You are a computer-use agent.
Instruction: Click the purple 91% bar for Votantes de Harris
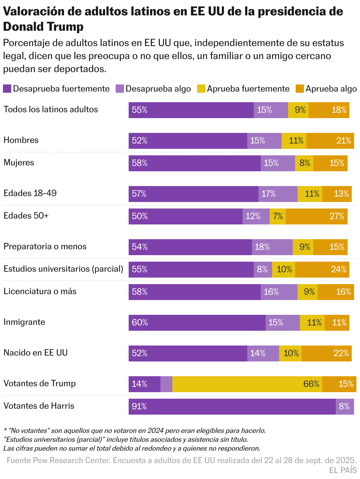tap(232, 407)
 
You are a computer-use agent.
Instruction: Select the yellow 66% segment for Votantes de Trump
tap(247, 384)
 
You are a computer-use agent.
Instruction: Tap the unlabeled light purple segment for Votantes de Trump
tap(166, 384)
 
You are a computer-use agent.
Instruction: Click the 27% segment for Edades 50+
tap(316, 216)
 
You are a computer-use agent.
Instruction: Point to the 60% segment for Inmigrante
tap(197, 323)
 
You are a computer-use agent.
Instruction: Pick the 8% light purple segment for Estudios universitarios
tap(263, 270)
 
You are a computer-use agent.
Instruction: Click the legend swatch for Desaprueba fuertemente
tap(7, 89)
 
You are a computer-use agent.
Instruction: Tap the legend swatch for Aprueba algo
tap(300, 89)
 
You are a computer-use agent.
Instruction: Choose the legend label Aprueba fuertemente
tap(248, 89)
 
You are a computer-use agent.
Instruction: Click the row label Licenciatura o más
tap(40, 291)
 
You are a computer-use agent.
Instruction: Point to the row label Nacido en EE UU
tap(35, 353)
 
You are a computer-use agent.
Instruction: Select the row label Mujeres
tap(19, 163)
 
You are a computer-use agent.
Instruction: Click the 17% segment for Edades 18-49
tap(278, 194)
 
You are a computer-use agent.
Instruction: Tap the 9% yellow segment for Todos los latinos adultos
tap(298, 110)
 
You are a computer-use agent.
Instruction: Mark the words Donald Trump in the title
tap(43, 27)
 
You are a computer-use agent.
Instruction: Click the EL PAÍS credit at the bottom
tap(343, 470)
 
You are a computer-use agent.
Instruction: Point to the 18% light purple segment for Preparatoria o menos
tap(272, 247)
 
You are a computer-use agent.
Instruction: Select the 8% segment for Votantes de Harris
tap(345, 407)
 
